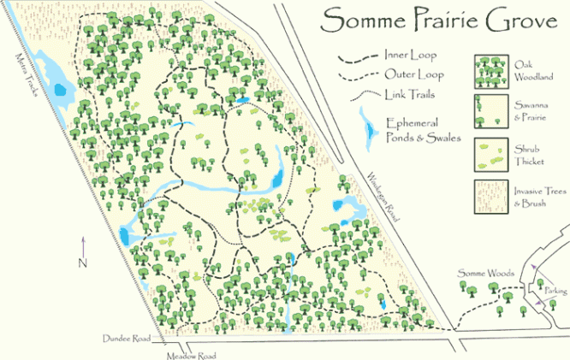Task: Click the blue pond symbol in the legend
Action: coord(369,127)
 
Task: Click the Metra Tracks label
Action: coord(25,78)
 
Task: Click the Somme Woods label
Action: coord(485,273)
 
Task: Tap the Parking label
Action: coord(555,292)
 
